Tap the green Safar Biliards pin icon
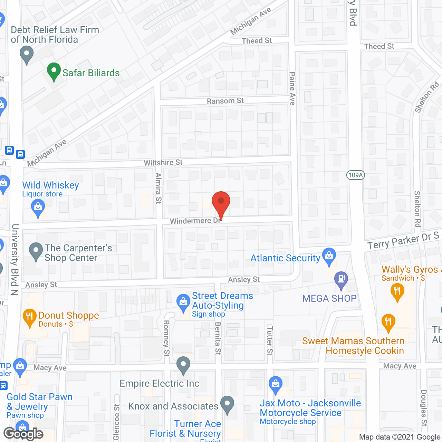[54, 71]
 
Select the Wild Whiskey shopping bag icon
[38, 208]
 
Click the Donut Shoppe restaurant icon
[29, 317]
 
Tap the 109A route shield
[355, 175]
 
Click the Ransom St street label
[225, 101]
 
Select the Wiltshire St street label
[163, 162]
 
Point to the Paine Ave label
[292, 88]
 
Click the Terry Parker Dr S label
[403, 241]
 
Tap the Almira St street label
[158, 188]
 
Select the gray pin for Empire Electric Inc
[183, 364]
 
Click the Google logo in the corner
[23, 434]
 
